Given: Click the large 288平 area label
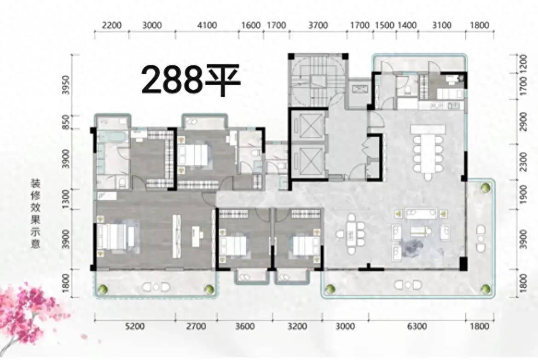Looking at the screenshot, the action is tap(191, 81).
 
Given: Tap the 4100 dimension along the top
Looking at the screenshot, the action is tap(207, 25).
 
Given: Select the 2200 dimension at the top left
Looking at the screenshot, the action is tap(112, 25).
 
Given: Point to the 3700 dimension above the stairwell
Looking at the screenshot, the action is tap(318, 25).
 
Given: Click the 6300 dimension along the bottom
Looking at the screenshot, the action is tap(417, 325).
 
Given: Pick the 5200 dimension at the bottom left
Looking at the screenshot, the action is tap(135, 325).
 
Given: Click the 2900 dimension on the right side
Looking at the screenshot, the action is tap(523, 122).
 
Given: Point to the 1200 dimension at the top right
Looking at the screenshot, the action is tap(523, 63).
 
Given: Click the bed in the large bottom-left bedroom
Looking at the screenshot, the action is tap(116, 237).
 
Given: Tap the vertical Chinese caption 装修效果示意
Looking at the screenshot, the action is tap(35, 213).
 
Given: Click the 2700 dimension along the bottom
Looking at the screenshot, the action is tap(196, 325).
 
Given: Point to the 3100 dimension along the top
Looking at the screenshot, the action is tap(441, 25).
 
